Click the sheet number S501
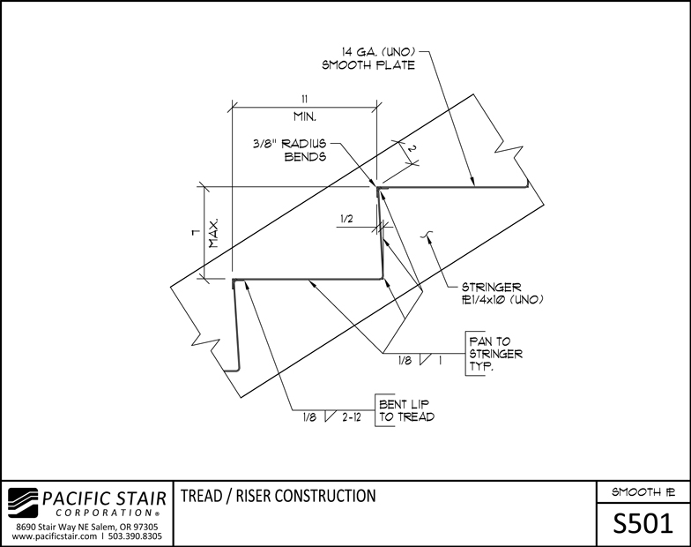pos(643,524)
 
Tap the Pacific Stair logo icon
pos(24,503)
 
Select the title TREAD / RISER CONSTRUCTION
pos(279,496)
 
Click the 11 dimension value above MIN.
pos(305,99)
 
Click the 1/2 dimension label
pos(346,219)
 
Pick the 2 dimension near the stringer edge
pos(411,148)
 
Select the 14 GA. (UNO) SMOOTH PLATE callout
pos(368,58)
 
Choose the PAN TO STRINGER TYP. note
pos(496,354)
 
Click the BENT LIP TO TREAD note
pos(407,410)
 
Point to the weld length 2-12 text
pos(351,416)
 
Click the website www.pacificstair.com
pos(55,536)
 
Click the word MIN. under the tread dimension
pos(305,116)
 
